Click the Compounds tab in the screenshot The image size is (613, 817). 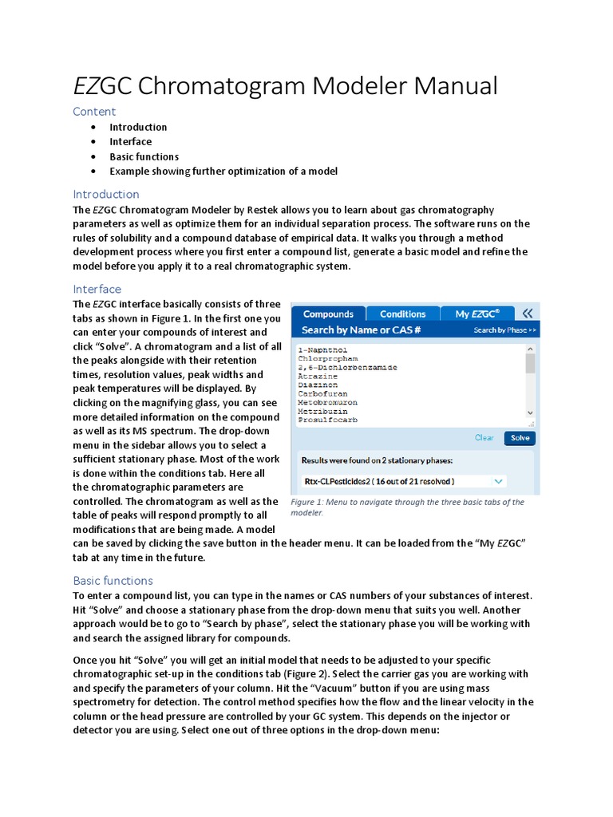coord(328,314)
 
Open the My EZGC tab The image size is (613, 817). coord(477,314)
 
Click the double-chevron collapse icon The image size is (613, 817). coord(527,314)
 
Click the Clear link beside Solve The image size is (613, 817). coord(484,437)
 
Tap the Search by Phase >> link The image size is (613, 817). coord(504,330)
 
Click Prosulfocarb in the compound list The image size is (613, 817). coord(327,420)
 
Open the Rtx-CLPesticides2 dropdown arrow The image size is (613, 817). coord(499,481)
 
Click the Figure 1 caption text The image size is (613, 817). coord(407,507)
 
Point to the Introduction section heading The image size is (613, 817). coord(106,194)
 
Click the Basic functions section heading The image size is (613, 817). coord(113,580)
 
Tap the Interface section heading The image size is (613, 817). coord(97,289)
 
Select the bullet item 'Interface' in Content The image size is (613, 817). coord(130,142)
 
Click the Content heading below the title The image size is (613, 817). coord(94,111)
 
